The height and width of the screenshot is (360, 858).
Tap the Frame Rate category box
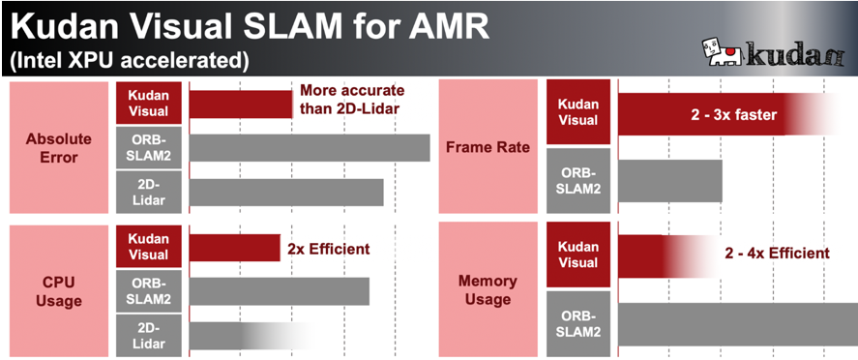click(488, 146)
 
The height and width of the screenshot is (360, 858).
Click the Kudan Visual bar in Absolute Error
click(240, 103)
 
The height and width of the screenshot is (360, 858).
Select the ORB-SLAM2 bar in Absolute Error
click(309, 147)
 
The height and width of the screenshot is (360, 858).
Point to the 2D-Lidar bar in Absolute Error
click(286, 192)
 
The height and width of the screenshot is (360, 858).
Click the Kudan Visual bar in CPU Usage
click(234, 248)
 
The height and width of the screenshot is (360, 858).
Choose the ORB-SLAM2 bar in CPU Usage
click(279, 291)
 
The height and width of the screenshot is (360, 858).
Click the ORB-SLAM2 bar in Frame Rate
click(669, 181)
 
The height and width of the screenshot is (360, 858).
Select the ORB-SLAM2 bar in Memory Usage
click(735, 324)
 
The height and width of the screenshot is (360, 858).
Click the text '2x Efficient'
click(329, 249)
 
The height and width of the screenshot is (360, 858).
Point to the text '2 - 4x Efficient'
click(777, 254)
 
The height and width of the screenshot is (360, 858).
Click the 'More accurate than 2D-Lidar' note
click(349, 98)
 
